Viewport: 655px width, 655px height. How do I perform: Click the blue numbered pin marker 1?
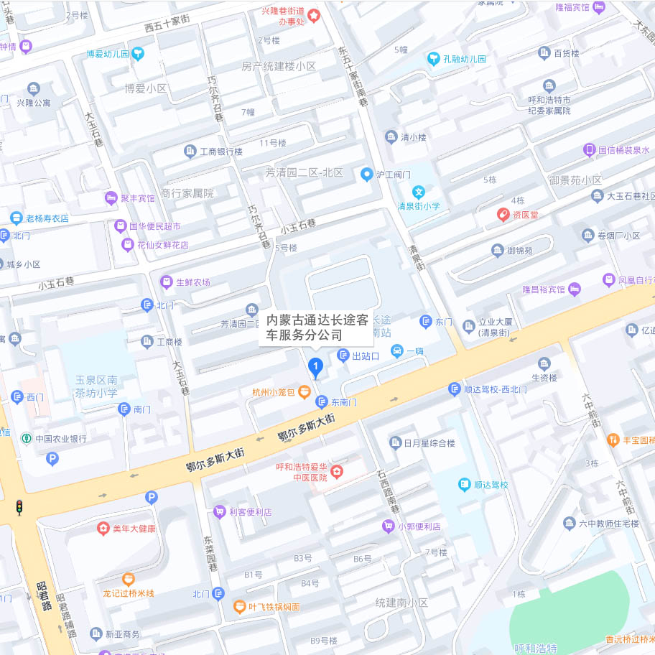point(315,367)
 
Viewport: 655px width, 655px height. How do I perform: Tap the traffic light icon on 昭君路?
point(19,507)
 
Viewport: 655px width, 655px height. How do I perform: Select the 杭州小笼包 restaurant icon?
point(305,391)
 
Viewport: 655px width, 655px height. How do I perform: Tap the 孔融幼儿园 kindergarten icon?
point(433,59)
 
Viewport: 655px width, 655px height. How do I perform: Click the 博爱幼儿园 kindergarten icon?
point(138,53)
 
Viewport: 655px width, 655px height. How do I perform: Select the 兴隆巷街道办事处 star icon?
point(314,14)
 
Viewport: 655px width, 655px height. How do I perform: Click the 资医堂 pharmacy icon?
point(503,214)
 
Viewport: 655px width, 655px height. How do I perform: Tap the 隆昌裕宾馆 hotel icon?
point(574,289)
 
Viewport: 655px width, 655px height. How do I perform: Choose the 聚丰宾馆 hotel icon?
point(111,198)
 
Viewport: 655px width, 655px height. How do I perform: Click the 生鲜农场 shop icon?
point(167,282)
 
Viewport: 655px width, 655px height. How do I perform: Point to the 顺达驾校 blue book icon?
point(465,485)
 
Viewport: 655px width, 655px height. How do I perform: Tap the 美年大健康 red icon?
point(103,529)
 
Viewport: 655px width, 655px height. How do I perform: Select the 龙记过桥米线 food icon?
point(128,578)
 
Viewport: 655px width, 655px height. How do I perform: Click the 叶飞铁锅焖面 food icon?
point(239,607)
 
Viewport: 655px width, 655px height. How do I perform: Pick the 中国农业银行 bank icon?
point(26,438)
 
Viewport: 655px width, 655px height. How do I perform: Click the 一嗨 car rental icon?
point(396,350)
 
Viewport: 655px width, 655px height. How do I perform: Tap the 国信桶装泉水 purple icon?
point(589,150)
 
